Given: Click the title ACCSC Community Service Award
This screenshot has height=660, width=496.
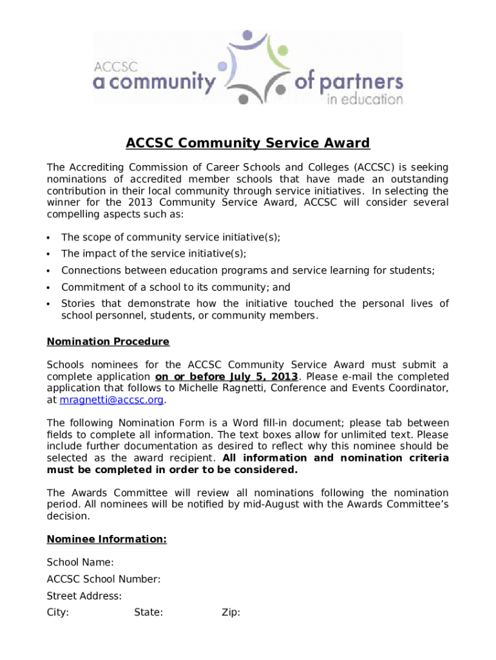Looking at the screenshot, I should tap(247, 143).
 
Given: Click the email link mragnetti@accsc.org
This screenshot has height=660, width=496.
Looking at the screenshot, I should tap(112, 400).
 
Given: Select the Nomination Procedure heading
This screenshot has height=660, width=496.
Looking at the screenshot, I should tap(108, 342).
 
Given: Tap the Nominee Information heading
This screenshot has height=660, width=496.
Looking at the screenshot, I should tap(107, 539).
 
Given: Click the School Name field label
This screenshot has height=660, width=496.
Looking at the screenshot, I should tap(81, 563).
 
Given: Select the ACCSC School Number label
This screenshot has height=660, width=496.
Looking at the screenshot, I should tap(104, 579).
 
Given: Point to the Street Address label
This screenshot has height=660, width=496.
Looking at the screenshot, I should tap(84, 596).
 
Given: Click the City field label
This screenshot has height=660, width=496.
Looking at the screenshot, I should tap(58, 612).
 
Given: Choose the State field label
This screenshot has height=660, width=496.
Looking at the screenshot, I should tap(148, 612).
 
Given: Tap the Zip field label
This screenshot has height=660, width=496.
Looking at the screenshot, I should tap(231, 612).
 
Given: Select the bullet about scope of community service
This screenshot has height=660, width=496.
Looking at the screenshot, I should tap(171, 237).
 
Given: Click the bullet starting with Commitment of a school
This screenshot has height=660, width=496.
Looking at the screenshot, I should tap(175, 287).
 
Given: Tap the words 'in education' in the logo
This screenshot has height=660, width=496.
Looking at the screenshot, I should tap(365, 99).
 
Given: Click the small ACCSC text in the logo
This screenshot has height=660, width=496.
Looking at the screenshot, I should tap(111, 66).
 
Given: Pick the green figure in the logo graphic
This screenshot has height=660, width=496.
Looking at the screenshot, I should tap(279, 50).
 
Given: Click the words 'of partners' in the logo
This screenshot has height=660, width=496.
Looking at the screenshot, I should tap(348, 82).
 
